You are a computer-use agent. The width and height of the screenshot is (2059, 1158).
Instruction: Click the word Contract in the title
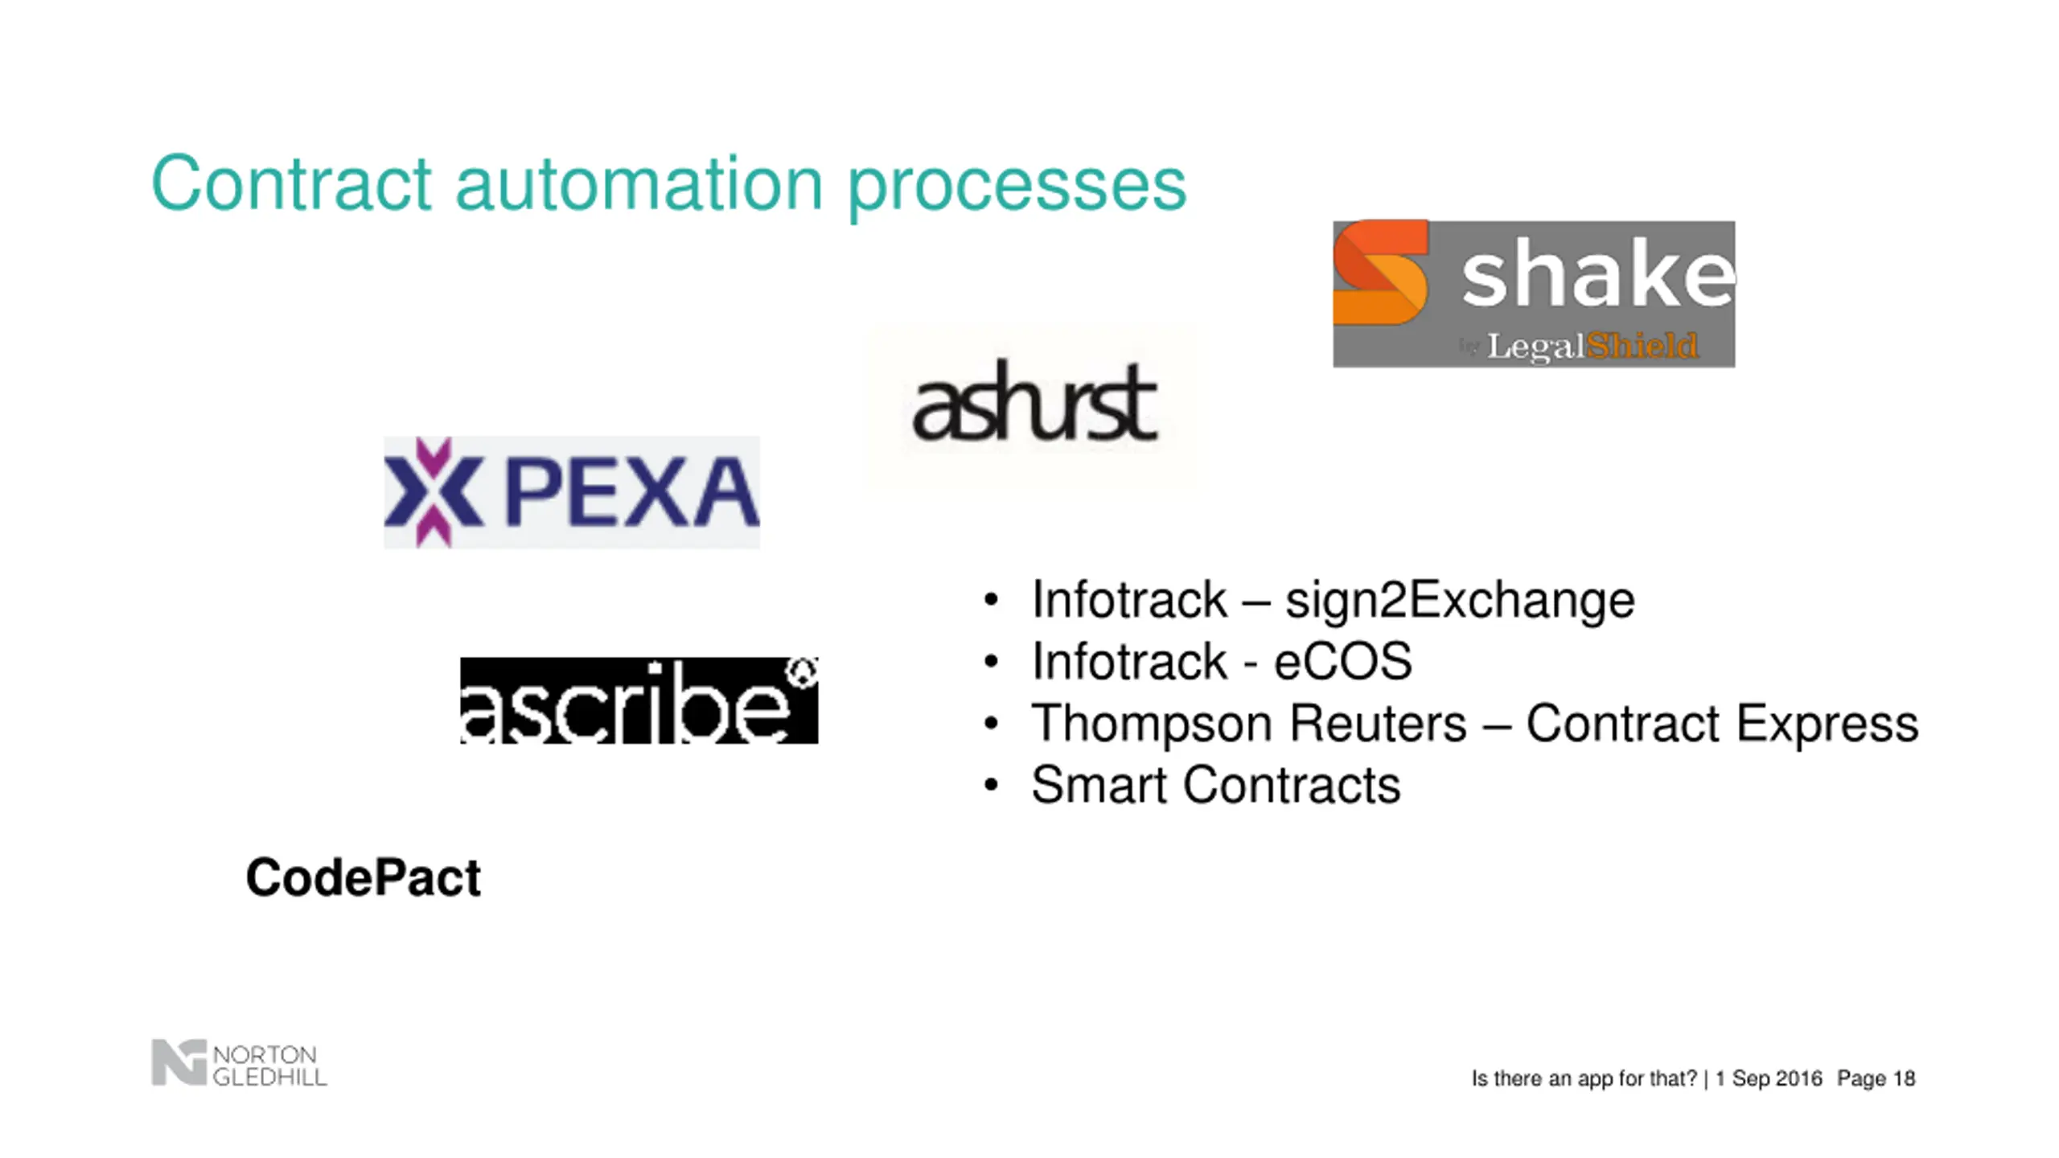tap(291, 184)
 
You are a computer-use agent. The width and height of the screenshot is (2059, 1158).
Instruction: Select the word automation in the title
tap(639, 184)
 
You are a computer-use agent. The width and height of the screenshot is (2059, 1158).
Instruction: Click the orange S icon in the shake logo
tap(1380, 272)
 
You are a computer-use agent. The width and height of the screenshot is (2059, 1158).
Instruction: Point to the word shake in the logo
tap(1597, 274)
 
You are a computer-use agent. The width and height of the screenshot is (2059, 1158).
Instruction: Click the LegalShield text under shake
tap(1591, 347)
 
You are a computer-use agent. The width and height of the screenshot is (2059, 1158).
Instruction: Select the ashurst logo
tap(1034, 402)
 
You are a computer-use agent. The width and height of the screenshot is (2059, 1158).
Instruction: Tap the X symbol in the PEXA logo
tap(433, 491)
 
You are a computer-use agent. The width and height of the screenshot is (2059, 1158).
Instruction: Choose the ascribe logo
tap(639, 700)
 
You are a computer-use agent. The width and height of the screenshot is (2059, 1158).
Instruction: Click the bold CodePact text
tap(363, 877)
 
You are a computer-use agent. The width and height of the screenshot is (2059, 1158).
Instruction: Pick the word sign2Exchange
tap(1460, 600)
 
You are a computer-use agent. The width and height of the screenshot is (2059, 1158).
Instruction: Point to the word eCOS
tap(1342, 661)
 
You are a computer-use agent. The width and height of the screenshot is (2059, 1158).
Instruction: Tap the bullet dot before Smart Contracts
tap(991, 785)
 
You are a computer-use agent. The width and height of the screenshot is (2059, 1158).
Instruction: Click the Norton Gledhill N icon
tap(179, 1062)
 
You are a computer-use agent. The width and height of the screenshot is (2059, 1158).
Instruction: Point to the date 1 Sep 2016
tap(1768, 1078)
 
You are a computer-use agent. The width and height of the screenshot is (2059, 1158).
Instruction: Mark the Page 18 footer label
tap(1876, 1078)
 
